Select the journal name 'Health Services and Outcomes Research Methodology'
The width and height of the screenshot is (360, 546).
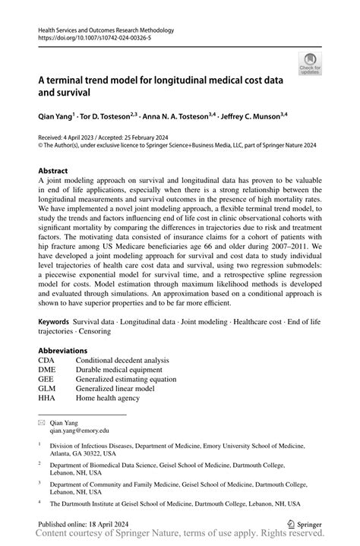(106, 30)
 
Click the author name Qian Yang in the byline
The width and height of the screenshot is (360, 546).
(57, 117)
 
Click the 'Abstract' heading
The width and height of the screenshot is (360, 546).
(53, 171)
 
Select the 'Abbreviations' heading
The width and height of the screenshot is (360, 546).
(65, 351)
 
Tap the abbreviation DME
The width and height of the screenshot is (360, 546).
(47, 369)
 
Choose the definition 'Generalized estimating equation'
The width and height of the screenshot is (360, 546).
(125, 379)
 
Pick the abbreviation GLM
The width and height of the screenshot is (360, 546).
(47, 388)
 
